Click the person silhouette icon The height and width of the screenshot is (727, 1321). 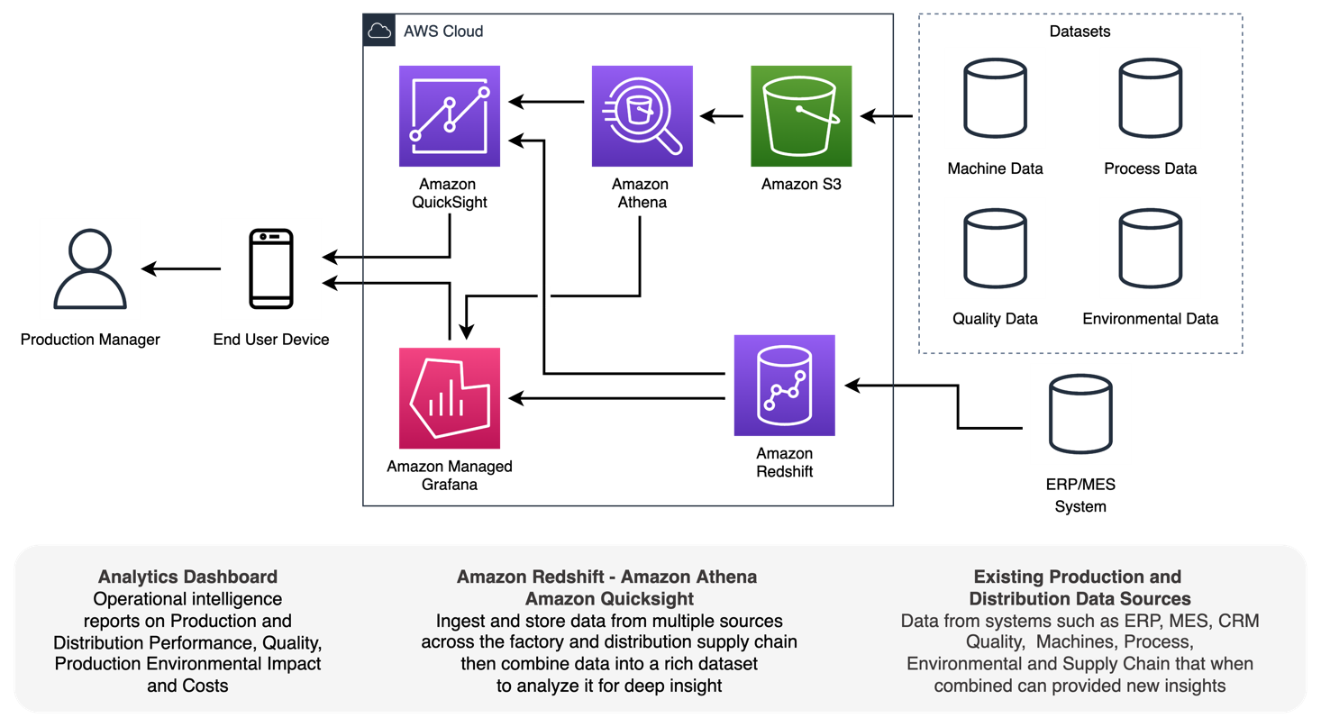[x=90, y=268]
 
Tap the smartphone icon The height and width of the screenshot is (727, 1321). [x=271, y=268]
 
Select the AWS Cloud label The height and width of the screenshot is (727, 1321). [x=442, y=31]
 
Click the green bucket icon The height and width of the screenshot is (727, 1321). [x=801, y=116]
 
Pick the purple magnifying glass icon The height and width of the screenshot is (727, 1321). [x=642, y=116]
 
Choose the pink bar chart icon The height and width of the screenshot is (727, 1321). [x=450, y=398]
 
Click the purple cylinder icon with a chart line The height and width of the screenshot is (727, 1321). [x=784, y=386]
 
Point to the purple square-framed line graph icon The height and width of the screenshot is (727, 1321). [x=450, y=116]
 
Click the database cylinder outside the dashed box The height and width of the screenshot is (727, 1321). [x=1080, y=413]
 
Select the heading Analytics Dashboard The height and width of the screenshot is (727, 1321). [x=187, y=577]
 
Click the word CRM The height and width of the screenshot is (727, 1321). [x=1238, y=621]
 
